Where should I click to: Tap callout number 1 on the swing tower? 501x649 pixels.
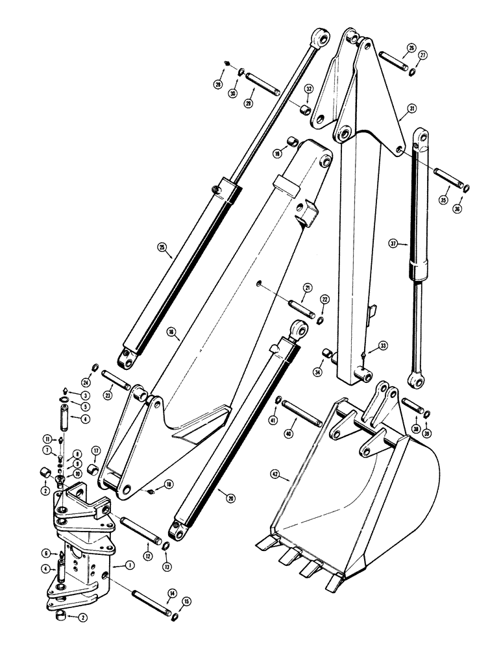pyautogui.click(x=131, y=566)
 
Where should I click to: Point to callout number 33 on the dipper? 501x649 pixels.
pyautogui.click(x=384, y=346)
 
